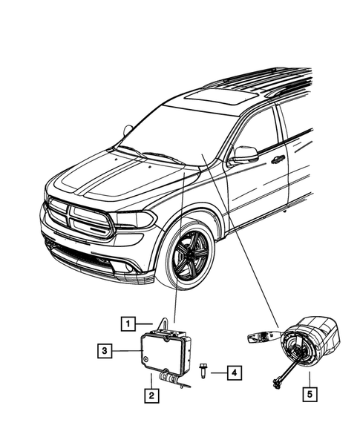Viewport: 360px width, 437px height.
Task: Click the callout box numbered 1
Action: click(x=128, y=323)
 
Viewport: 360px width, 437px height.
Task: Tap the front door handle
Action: click(x=278, y=159)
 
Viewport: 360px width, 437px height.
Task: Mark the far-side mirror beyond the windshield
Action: click(x=128, y=131)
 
